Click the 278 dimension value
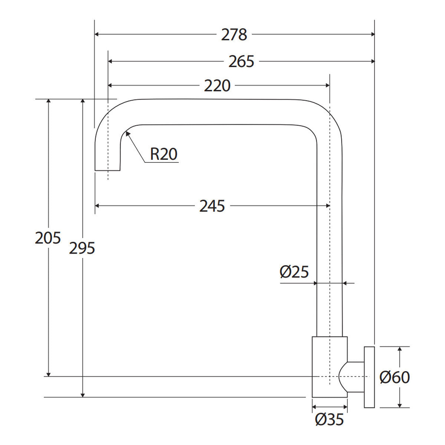pos(234,34)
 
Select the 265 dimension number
pos(241,62)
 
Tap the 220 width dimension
pos(217,85)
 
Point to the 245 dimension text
pos(212,206)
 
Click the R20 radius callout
pos(164,154)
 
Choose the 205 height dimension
pos(48,238)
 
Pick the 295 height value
pos(82,248)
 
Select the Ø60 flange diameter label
pos(395,378)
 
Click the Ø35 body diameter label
pos(329,419)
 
